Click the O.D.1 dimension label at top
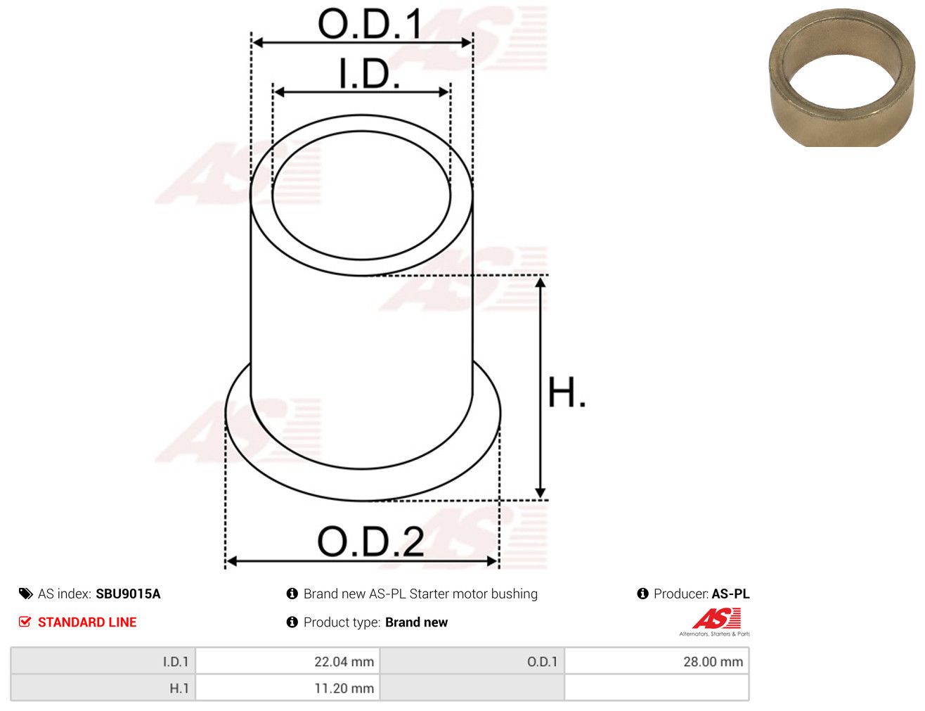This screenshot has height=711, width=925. [x=370, y=24]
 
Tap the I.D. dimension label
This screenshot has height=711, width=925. [x=369, y=74]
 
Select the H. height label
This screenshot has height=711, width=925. [x=566, y=392]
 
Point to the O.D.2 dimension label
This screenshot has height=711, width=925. [x=370, y=542]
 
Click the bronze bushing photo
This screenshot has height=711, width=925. [x=841, y=79]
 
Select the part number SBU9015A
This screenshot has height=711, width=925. [x=128, y=594]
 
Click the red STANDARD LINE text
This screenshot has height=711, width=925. [x=87, y=622]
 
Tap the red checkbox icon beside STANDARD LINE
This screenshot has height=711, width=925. [x=25, y=622]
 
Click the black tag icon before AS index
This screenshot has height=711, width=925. [x=25, y=594]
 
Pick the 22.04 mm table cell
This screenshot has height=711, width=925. [x=287, y=662]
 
